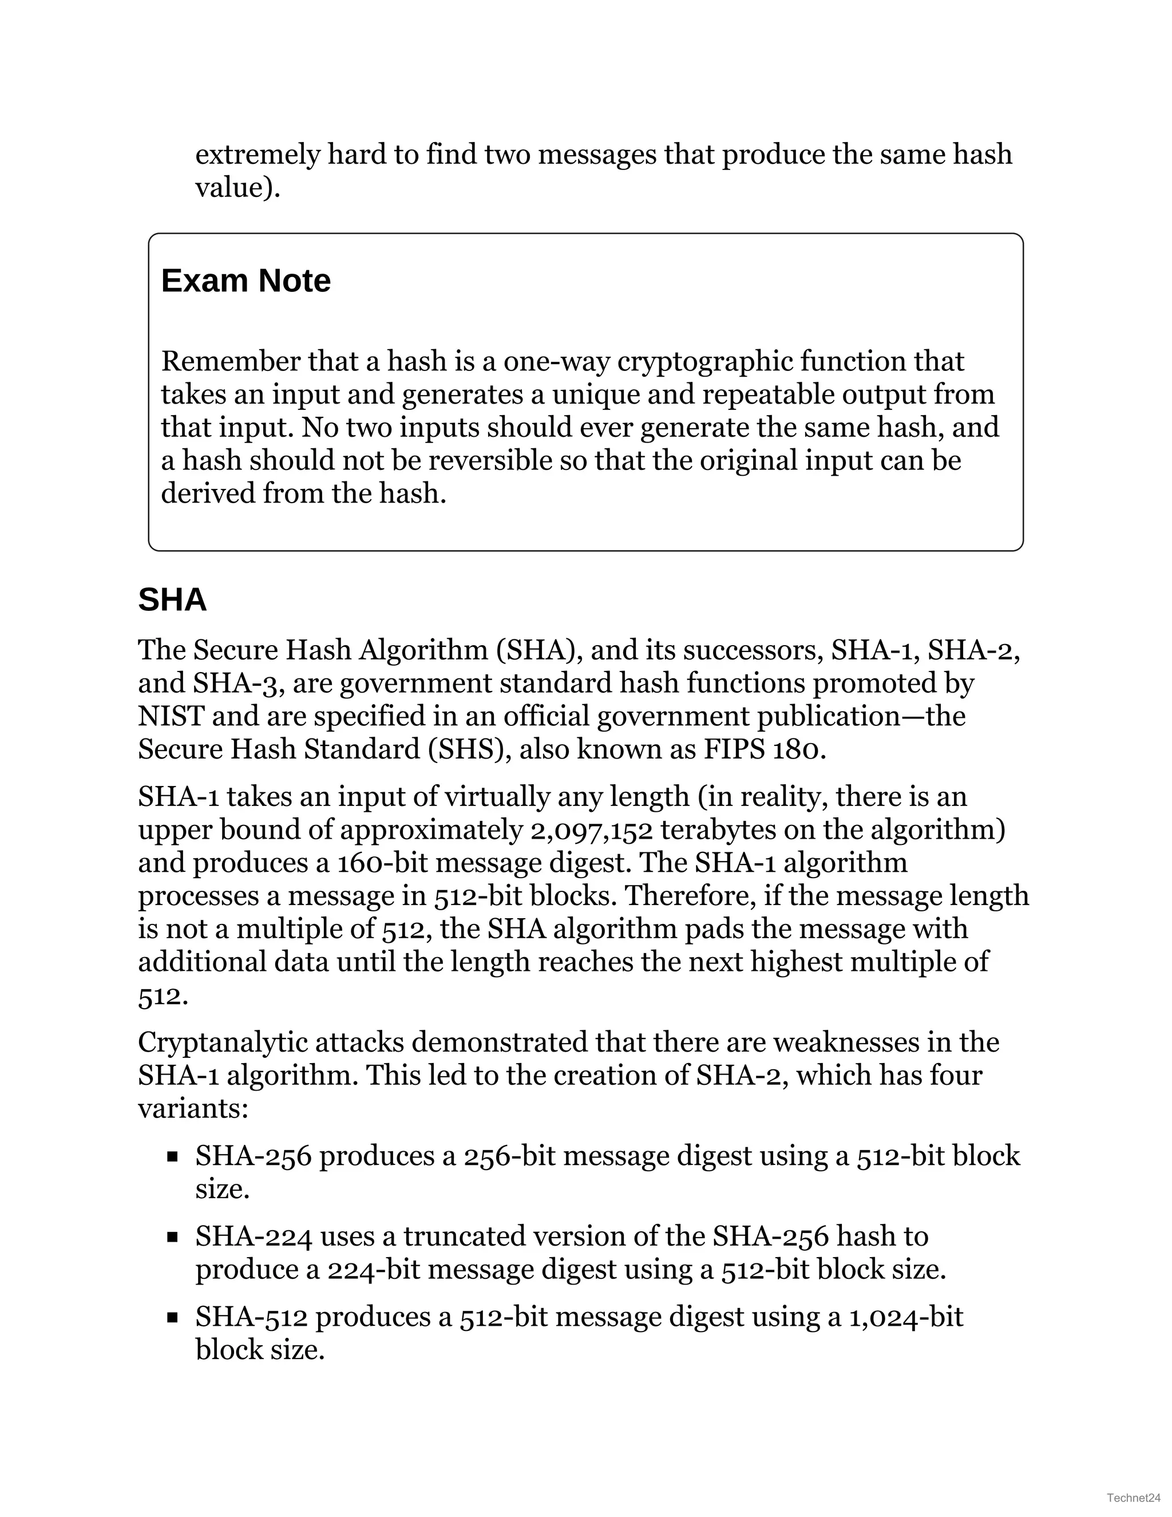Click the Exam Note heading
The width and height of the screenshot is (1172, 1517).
pos(246,281)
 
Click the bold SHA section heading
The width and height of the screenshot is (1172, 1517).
pos(172,599)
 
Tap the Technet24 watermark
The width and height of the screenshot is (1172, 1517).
pos(1134,1497)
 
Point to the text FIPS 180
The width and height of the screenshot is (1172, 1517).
pos(765,749)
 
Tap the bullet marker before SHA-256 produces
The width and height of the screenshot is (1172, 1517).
pos(173,1157)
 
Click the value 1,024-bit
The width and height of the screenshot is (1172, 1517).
pos(905,1318)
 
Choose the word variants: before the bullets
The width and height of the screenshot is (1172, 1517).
pos(192,1109)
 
